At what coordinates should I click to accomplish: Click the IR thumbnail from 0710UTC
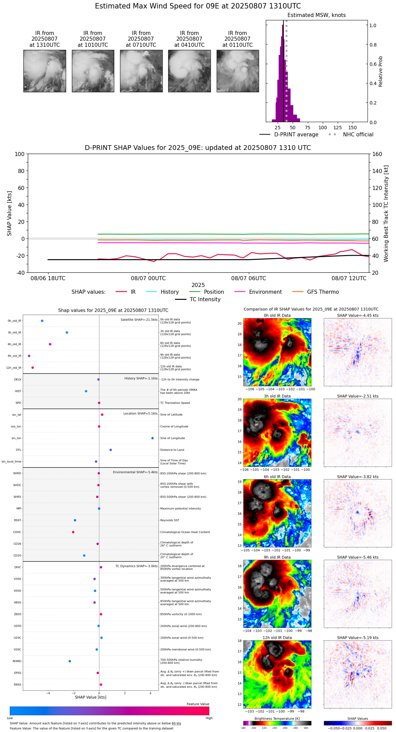point(141,71)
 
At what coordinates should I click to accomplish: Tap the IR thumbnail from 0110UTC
point(238,71)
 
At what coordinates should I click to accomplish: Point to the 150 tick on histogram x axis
point(353,128)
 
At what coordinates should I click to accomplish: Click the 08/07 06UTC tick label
point(249,278)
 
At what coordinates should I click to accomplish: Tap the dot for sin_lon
point(153,438)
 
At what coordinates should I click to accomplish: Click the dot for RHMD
point(70,661)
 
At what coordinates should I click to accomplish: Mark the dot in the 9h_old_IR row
point(29,356)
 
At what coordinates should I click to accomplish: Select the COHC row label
point(17,532)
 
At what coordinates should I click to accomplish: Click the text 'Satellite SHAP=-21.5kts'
point(139,320)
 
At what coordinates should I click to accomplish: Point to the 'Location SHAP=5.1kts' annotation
point(140,413)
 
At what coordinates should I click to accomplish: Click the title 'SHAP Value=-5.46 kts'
point(358,557)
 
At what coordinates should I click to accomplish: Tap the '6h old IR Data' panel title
point(277,477)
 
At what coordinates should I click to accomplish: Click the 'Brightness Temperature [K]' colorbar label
point(277,718)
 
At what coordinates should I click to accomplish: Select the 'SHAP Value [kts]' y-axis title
point(9,213)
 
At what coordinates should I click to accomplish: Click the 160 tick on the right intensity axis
point(377,154)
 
